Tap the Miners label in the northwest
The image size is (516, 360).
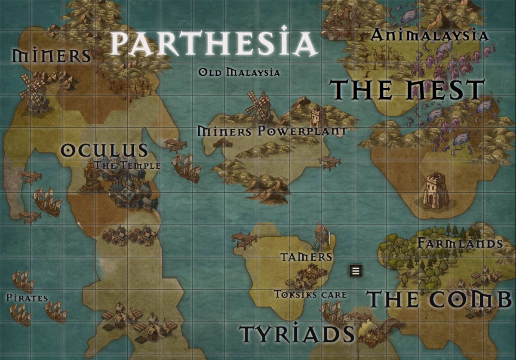click(52, 55)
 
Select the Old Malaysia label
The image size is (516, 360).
click(239, 72)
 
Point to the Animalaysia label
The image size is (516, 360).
click(430, 35)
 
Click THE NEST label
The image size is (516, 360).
click(407, 90)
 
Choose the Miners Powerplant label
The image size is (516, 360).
click(272, 131)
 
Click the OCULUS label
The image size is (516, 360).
click(104, 150)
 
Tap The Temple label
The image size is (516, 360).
click(128, 165)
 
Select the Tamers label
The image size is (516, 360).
click(307, 257)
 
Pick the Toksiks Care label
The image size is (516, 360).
click(310, 295)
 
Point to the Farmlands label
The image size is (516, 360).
click(460, 243)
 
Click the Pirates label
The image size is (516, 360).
click(27, 298)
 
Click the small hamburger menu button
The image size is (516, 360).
click(356, 271)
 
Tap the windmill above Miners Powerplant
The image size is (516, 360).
click(260, 106)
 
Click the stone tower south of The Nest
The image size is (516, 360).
click(436, 191)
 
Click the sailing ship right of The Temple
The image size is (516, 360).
click(187, 167)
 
